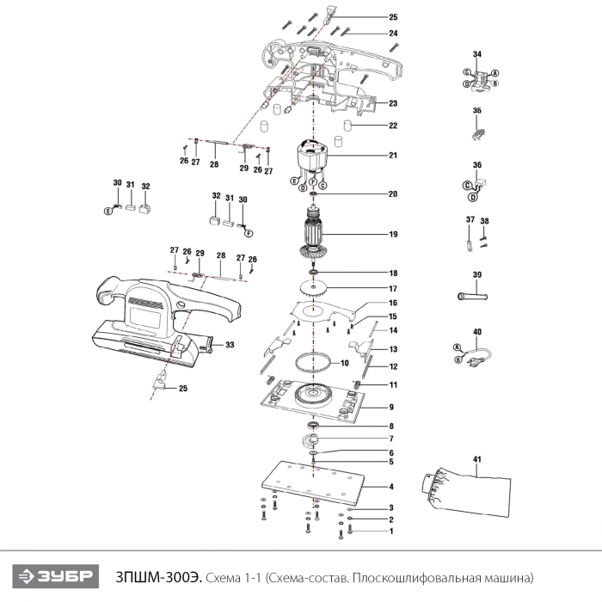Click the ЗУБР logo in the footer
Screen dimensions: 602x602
pos(56,576)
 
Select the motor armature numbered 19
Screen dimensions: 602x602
pos(313,233)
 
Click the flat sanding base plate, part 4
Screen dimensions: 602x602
pos(313,482)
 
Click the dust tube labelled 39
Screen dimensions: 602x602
pos(473,297)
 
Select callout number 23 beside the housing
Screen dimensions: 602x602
pos(393,103)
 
